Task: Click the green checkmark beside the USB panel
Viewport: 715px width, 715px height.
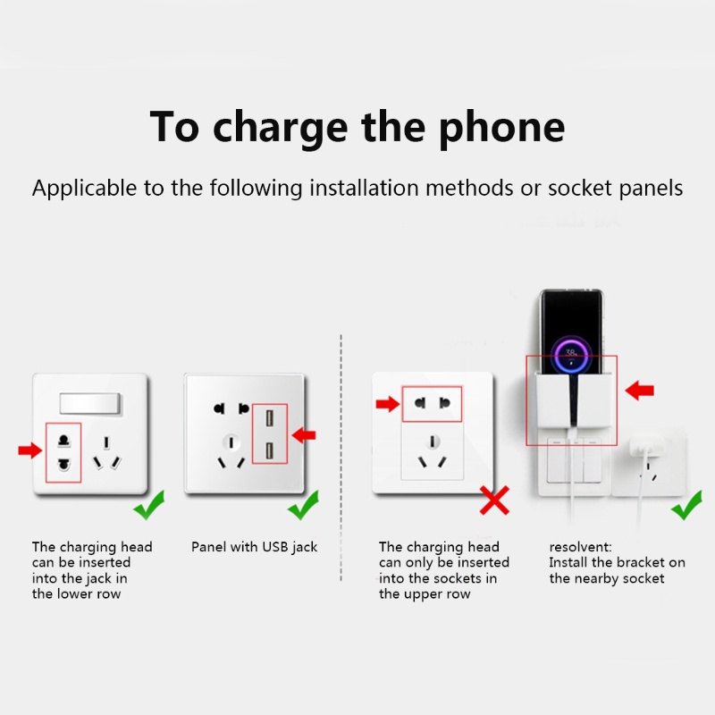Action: pos(303,506)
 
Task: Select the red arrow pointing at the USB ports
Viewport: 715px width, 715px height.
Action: pos(304,434)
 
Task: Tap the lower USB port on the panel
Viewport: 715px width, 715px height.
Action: pos(268,451)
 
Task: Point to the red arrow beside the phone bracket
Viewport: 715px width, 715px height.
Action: pos(640,391)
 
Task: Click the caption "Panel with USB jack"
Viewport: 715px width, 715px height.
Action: pos(254,547)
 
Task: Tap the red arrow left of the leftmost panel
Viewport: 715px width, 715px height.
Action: pos(30,450)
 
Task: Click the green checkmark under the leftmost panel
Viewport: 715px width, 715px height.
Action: pos(148,506)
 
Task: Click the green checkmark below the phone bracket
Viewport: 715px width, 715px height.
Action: pos(686,506)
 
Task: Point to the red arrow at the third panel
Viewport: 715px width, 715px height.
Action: pos(387,404)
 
